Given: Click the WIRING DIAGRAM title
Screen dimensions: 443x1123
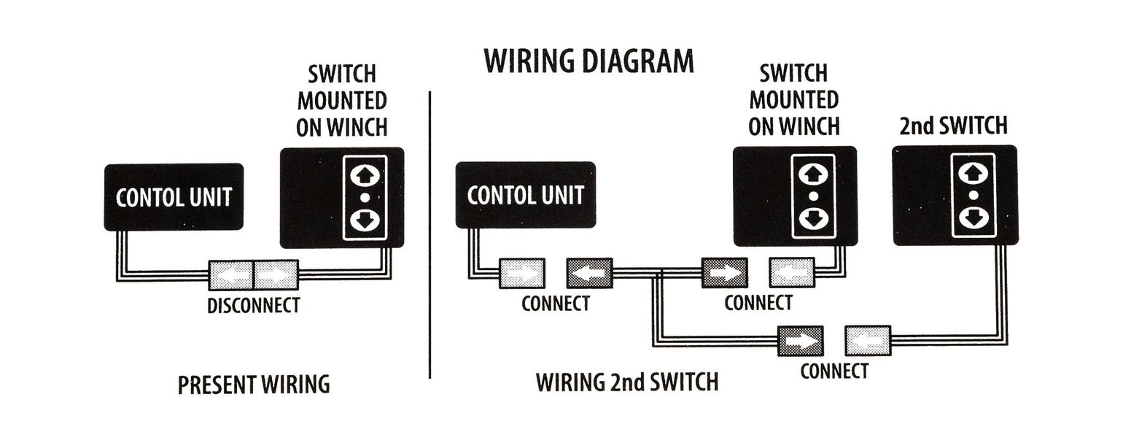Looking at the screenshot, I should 588,62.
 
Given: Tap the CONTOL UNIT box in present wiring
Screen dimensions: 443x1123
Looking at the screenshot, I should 174,197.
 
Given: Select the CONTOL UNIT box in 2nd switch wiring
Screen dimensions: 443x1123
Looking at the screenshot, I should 525,195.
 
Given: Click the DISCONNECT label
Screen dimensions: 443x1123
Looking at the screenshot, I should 253,305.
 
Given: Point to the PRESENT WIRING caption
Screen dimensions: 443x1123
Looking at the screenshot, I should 253,385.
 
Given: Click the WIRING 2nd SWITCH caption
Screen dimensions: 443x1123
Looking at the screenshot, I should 626,382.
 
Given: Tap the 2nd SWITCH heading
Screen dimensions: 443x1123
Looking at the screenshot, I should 954,126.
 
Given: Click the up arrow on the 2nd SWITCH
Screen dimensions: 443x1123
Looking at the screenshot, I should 972,174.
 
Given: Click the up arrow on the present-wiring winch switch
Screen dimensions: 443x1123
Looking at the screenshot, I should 365,176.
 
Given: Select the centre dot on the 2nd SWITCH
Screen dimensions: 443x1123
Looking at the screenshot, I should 972,196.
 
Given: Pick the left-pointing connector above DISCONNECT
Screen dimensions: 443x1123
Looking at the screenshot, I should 230,275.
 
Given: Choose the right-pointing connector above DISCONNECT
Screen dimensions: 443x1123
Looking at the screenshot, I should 276,275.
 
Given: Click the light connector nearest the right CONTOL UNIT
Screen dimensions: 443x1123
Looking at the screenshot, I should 521,273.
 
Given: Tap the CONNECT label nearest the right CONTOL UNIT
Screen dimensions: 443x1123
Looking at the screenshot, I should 555,303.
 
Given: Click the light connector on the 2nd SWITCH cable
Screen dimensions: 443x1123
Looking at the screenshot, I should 868,340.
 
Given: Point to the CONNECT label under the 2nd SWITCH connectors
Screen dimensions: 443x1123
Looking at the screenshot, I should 833,371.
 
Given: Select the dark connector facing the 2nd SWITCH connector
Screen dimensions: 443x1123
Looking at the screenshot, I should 800,340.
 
